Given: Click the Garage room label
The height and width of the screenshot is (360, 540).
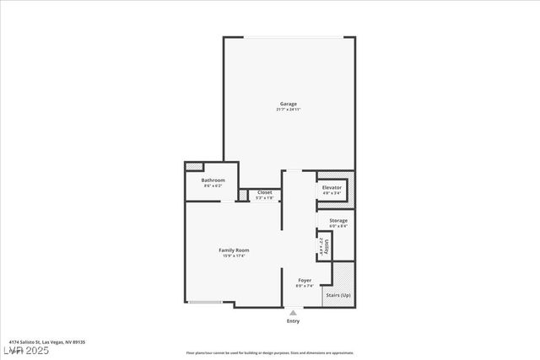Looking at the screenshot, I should pyautogui.click(x=289, y=104).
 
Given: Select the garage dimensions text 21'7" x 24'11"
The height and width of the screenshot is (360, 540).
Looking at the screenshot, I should pyautogui.click(x=289, y=110).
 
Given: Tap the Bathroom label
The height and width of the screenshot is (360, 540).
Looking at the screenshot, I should pyautogui.click(x=213, y=180).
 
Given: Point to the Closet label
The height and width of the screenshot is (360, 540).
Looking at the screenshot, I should pyautogui.click(x=264, y=192).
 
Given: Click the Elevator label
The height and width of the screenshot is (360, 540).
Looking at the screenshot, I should pyautogui.click(x=332, y=187).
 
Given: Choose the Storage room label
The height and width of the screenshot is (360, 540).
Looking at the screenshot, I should pyautogui.click(x=338, y=220).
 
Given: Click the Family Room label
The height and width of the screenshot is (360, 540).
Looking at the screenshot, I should pyautogui.click(x=234, y=250).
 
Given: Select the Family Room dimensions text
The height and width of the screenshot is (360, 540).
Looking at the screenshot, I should pyautogui.click(x=234, y=255).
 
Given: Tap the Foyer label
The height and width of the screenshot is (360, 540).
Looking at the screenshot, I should pyautogui.click(x=305, y=280).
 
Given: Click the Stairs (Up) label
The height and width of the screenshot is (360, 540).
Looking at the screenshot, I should pyautogui.click(x=338, y=295).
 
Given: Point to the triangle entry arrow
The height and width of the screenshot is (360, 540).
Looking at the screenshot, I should pyautogui.click(x=293, y=313).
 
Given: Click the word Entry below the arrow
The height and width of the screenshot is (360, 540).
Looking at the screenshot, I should pyautogui.click(x=293, y=321).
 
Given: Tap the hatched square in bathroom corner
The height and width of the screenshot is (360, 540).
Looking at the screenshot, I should pyautogui.click(x=195, y=167).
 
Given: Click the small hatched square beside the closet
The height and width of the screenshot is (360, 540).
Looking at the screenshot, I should pyautogui.click(x=242, y=195).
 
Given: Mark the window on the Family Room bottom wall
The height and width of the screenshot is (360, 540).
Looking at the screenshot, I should pyautogui.click(x=206, y=302).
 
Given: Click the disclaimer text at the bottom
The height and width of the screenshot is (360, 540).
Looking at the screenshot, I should pyautogui.click(x=270, y=352).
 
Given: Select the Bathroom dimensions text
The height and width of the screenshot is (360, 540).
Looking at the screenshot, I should pyautogui.click(x=213, y=185).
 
